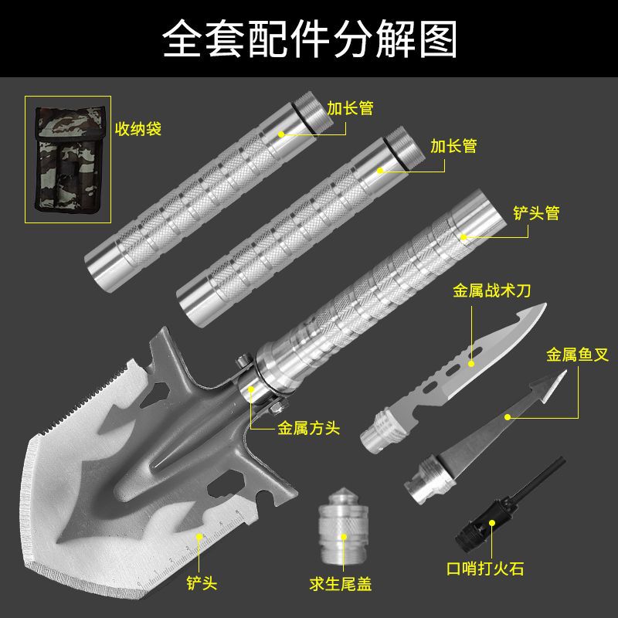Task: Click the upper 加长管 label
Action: pos(349,107)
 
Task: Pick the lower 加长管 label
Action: pos(453,145)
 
